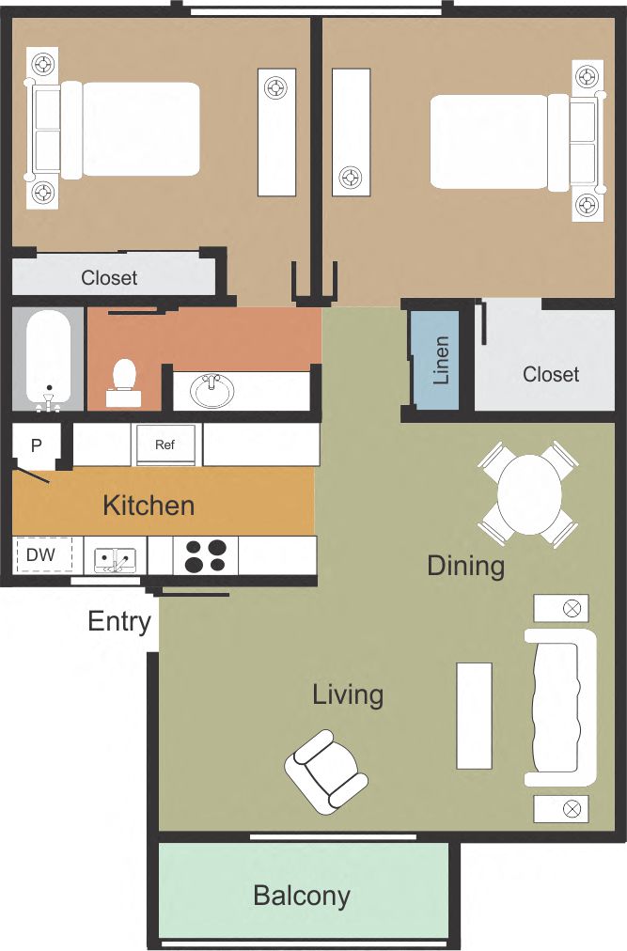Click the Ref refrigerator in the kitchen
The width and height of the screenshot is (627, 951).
[166, 444]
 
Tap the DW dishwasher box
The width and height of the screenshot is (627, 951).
[40, 555]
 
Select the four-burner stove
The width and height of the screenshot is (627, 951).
[205, 555]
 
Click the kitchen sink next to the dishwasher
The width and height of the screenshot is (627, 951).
[115, 558]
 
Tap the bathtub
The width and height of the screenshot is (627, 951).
[48, 361]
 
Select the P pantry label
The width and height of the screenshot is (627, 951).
[37, 445]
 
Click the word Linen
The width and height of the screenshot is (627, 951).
[441, 361]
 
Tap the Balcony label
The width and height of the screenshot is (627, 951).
[302, 896]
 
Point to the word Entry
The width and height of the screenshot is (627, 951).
[119, 621]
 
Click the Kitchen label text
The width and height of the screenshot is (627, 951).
[149, 506]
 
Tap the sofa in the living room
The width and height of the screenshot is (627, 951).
[561, 708]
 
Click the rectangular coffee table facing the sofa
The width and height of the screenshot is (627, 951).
[474, 715]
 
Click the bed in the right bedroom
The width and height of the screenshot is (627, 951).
[498, 142]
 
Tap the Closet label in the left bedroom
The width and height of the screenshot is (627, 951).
[109, 278]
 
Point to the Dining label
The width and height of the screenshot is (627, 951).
[465, 566]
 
